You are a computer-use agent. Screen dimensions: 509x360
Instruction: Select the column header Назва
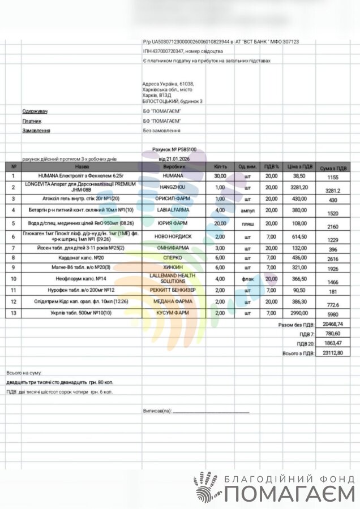82,167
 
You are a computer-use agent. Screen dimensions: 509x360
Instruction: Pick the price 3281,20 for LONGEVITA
299,187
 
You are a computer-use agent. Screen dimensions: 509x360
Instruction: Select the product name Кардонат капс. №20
82,257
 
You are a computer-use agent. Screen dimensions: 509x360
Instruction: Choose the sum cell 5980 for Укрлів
333,315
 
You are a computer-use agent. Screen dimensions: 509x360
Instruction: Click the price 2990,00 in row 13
299,312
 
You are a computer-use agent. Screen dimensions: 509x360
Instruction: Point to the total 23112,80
331,352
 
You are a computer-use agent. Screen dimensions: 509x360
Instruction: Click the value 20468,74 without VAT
331,325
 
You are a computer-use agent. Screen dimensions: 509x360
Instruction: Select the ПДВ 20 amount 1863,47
331,343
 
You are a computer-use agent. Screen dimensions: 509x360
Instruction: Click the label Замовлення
36,131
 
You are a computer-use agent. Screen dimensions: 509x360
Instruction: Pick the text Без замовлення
161,131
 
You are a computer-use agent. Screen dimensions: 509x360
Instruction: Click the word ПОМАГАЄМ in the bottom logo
289,494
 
